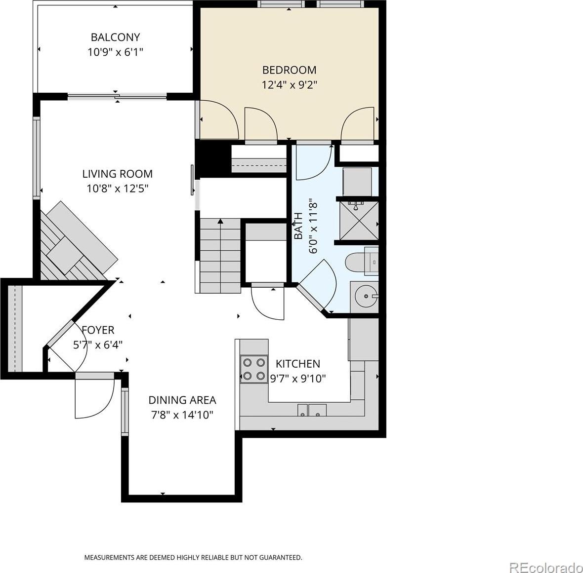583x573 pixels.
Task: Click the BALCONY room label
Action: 115,37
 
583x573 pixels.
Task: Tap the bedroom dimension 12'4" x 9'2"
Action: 289,85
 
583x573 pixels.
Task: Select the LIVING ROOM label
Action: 118,174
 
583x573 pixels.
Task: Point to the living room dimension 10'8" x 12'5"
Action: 118,189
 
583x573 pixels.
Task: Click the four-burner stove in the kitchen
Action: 254,369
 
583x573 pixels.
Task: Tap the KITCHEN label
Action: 298,364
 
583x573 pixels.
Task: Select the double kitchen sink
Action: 312,411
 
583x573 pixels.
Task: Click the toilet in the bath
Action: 361,262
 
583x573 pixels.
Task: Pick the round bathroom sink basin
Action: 366,296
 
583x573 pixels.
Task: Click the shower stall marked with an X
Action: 359,221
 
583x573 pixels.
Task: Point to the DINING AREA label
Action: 182,400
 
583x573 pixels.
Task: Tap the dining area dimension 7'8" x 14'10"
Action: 182,415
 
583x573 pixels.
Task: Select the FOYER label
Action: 98,330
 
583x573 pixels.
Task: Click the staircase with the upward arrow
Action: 220,256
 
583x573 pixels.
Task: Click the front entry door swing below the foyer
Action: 94,396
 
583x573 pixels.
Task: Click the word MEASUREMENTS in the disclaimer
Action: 109,557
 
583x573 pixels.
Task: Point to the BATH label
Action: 298,226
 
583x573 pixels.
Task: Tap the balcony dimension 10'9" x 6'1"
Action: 115,52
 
